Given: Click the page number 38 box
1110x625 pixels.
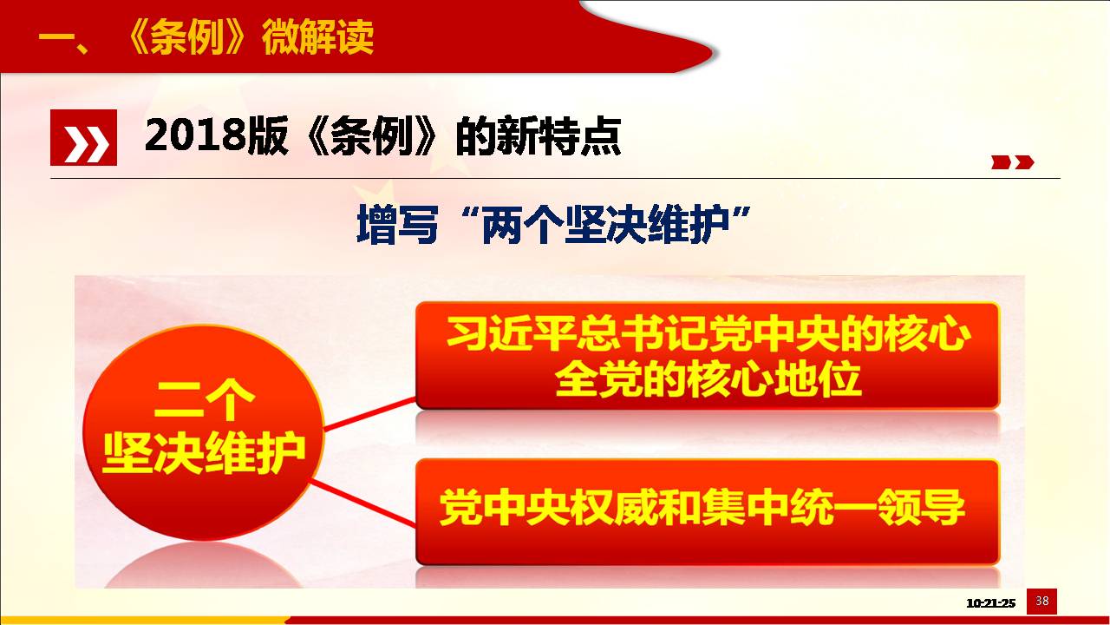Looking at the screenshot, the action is pyautogui.click(x=1041, y=602).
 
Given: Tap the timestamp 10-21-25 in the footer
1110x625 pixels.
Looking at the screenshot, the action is pyautogui.click(x=990, y=603).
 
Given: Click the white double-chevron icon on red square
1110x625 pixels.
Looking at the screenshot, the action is pyautogui.click(x=84, y=137).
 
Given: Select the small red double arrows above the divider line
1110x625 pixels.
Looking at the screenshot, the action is pyautogui.click(x=1012, y=162).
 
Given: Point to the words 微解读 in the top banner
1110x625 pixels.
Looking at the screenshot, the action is pyautogui.click(x=318, y=37).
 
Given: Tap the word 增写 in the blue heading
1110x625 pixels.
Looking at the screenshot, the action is pyautogui.click(x=397, y=225).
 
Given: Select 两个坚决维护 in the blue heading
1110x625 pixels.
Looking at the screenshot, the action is pyautogui.click(x=605, y=225).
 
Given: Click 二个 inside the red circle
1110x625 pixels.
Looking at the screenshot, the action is pyautogui.click(x=204, y=400).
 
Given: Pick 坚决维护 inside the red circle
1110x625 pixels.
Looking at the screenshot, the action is pyautogui.click(x=204, y=453).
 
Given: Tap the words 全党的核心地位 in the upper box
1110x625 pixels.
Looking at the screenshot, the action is pyautogui.click(x=708, y=379).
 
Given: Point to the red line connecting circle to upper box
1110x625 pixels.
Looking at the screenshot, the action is pyautogui.click(x=369, y=414).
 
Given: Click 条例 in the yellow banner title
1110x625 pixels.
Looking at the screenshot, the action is pyautogui.click(x=186, y=37).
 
